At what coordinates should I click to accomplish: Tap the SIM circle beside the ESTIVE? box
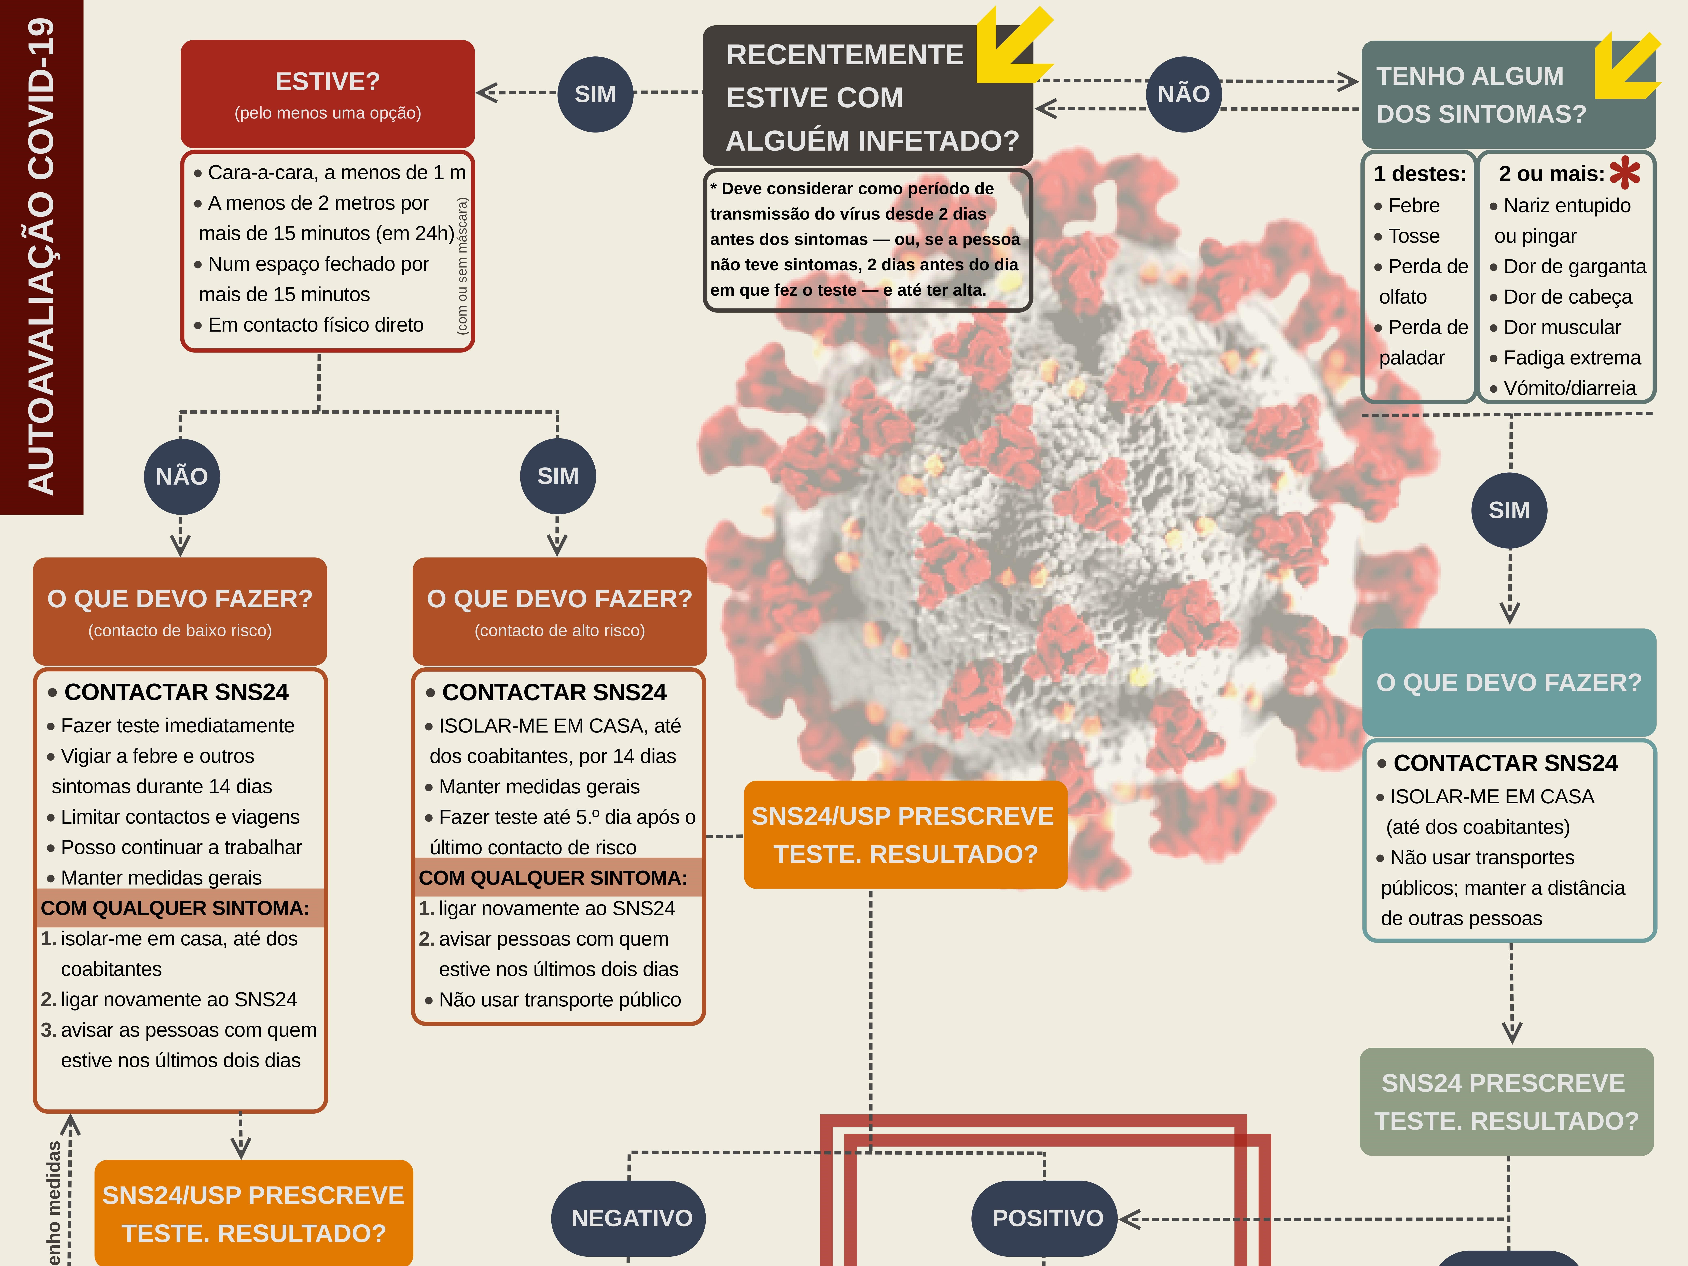pyautogui.click(x=595, y=94)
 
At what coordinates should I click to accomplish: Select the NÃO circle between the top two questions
pyautogui.click(x=1184, y=94)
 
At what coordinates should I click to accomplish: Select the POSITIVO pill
pyautogui.click(x=1047, y=1218)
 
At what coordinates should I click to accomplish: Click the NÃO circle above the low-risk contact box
pyautogui.click(x=182, y=476)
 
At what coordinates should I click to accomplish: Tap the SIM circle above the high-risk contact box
pyautogui.click(x=558, y=476)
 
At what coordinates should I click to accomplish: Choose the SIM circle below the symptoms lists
pyautogui.click(x=1509, y=510)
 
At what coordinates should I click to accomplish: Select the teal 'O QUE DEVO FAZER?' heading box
pyautogui.click(x=1509, y=682)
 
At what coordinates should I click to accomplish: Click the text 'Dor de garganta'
pyautogui.click(x=1574, y=266)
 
